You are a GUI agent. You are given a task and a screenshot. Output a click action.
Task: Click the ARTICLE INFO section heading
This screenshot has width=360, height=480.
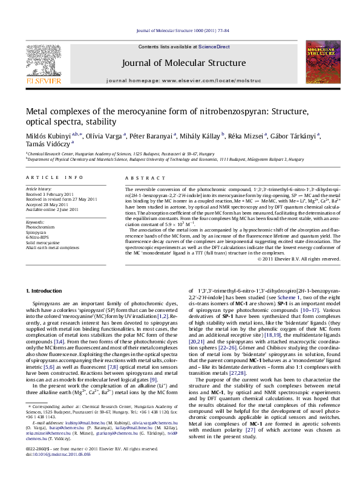[x=54, y=177]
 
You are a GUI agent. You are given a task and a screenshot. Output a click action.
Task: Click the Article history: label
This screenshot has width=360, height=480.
[x=39, y=189]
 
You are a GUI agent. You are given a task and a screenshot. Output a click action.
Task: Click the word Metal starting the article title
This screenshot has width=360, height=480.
[x=38, y=111]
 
